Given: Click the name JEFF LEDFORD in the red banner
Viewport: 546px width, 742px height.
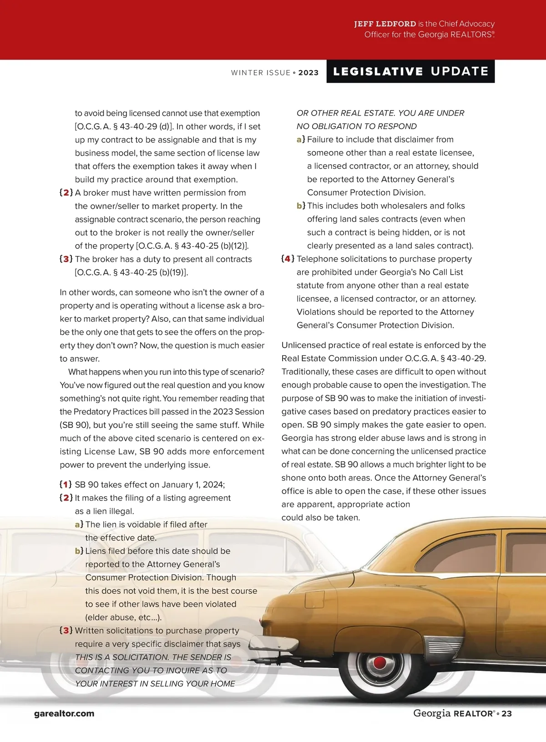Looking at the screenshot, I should [385, 24].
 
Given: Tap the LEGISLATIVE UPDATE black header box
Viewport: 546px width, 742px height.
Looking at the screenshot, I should [410, 71].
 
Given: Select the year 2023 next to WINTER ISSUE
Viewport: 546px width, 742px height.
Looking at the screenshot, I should [308, 73].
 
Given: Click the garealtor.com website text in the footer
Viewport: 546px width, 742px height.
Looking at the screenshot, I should [64, 713].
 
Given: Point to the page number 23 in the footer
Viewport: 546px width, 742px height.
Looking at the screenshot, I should [506, 714].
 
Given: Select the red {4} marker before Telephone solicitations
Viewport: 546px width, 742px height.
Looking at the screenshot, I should [288, 259].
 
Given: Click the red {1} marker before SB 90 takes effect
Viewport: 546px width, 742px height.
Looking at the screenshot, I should [66, 485].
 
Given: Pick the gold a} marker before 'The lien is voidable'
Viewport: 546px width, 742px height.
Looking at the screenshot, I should [79, 525].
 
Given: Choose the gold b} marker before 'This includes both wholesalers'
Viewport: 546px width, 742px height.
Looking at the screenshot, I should [301, 206].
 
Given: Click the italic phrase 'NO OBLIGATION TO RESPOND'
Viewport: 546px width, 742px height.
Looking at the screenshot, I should [356, 126].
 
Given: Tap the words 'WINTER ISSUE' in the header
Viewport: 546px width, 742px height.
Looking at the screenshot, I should [261, 73].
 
